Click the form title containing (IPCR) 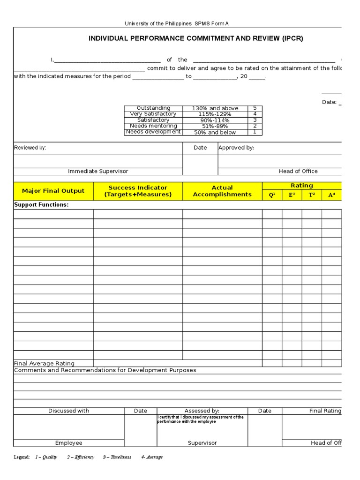click(195, 39)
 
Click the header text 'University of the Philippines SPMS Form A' click(176, 23)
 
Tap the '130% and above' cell click(215, 108)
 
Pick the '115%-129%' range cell click(215, 114)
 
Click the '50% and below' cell click(215, 133)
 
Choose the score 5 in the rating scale click(255, 108)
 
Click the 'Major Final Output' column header click(53, 191)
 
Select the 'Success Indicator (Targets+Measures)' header click(138, 191)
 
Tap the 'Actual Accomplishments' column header click(222, 191)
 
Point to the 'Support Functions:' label click(41, 205)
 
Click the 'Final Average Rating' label click(44, 363)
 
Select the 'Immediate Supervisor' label click(98, 172)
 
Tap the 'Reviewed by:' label click(30, 148)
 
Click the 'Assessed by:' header click(202, 411)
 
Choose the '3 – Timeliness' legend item click(117, 457)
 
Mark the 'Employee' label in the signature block click(68, 443)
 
